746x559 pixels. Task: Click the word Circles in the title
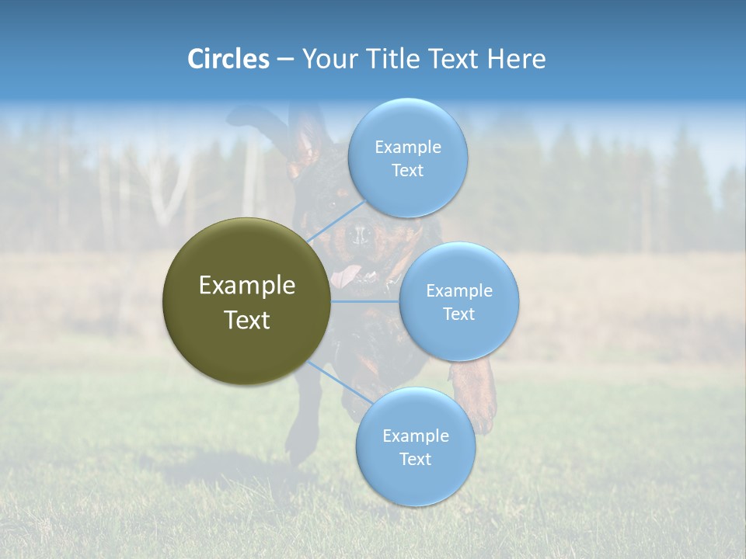click(228, 59)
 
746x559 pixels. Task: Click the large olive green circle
click(247, 301)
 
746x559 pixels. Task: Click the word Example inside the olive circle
click(247, 286)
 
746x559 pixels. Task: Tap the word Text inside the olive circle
click(247, 320)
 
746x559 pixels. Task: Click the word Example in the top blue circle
click(408, 148)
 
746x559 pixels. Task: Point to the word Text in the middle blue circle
click(459, 314)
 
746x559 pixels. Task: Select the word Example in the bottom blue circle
click(415, 436)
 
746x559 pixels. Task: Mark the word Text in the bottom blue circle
click(415, 460)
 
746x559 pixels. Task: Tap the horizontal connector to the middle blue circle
click(365, 301)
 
